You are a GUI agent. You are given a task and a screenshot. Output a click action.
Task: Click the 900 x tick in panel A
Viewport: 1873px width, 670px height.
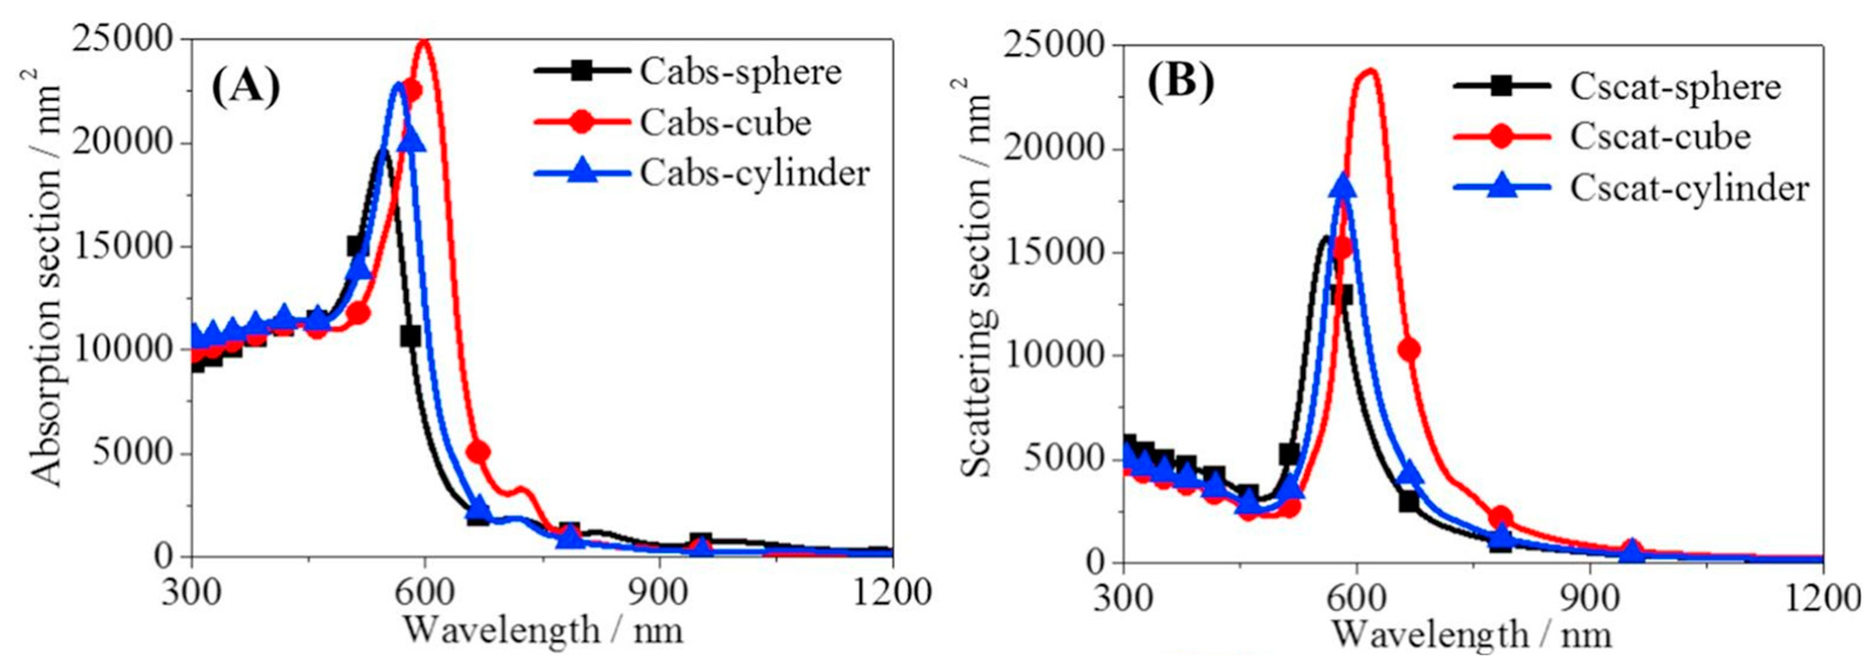pos(659,592)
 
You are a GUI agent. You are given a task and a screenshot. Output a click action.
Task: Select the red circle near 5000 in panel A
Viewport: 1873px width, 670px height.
pos(478,452)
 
